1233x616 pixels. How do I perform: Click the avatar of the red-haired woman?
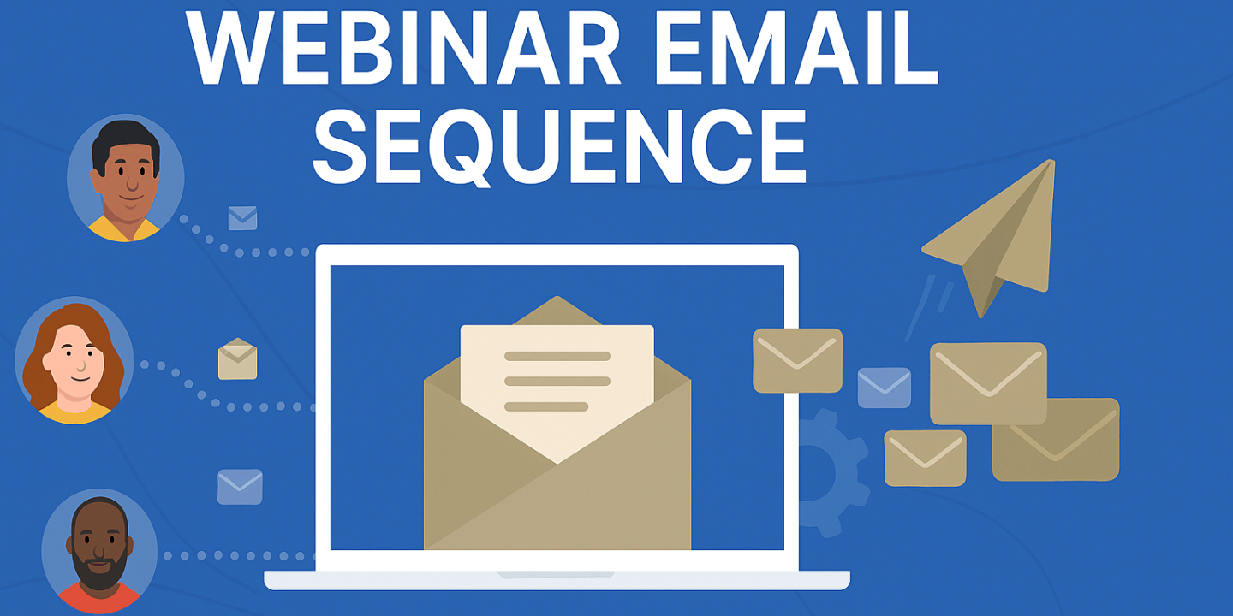[x=75, y=360]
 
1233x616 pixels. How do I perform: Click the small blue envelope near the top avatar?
[x=242, y=218]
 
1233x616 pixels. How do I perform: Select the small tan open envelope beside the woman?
[x=237, y=359]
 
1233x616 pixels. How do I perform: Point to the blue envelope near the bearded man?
[x=240, y=487]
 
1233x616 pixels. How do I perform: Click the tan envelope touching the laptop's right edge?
[x=797, y=360]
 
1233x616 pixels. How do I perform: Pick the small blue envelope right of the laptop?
[x=884, y=388]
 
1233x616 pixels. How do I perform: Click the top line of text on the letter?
[x=557, y=356]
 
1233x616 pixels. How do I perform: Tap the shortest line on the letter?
[x=546, y=406]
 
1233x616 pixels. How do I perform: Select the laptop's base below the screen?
[x=557, y=581]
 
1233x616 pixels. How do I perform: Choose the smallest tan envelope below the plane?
[x=925, y=458]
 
